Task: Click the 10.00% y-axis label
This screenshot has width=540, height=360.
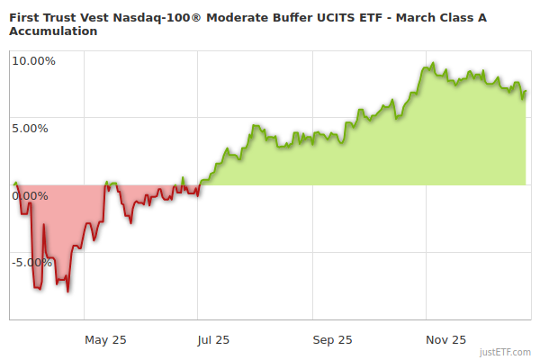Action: click(x=33, y=61)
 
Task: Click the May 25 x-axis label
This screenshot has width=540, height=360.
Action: click(x=105, y=339)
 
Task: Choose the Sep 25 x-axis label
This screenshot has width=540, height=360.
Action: click(x=332, y=339)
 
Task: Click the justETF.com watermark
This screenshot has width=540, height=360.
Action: click(x=506, y=352)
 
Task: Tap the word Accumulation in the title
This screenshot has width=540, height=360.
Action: click(x=53, y=31)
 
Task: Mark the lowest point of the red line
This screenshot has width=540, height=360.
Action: click(x=68, y=291)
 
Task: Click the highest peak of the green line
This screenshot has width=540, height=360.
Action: click(x=433, y=64)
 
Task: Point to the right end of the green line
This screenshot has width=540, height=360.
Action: click(x=526, y=91)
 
